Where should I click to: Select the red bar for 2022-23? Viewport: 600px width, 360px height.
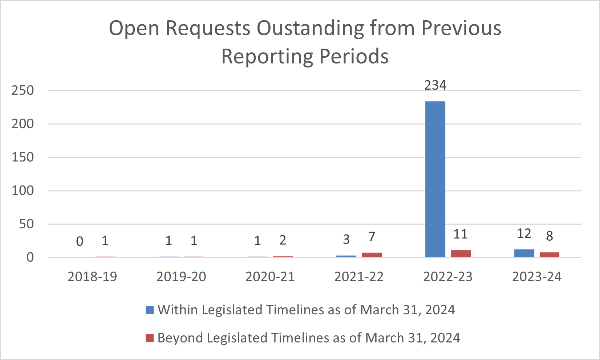tap(461, 254)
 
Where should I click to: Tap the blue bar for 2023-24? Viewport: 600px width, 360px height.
tap(524, 253)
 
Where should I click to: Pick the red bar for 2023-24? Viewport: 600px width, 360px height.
tap(550, 255)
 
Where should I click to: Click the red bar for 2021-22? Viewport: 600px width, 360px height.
tap(372, 255)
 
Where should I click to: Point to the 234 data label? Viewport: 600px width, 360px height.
tap(435, 85)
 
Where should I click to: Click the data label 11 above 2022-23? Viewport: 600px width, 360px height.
tap(461, 234)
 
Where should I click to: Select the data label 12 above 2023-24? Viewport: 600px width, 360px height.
tap(524, 234)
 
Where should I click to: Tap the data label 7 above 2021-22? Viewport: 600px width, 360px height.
tap(372, 237)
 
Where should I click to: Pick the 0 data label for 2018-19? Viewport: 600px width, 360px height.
tap(80, 241)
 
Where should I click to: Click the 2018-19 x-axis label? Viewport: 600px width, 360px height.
tap(92, 277)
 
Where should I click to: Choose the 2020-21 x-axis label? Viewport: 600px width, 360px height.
tap(270, 277)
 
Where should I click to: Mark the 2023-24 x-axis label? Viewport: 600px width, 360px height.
tap(537, 277)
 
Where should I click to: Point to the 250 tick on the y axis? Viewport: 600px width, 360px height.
tap(23, 90)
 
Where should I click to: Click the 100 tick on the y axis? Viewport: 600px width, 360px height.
tap(23, 191)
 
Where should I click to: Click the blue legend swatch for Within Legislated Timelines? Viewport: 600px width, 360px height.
tap(150, 310)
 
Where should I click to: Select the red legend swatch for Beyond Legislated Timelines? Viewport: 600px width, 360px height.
tap(150, 338)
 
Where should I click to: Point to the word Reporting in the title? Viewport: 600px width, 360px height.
tap(267, 56)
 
